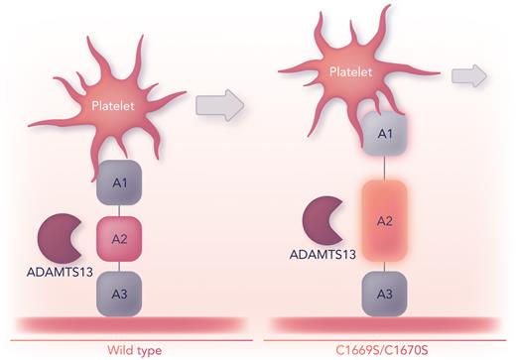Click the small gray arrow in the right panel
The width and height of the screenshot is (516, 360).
469,75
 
